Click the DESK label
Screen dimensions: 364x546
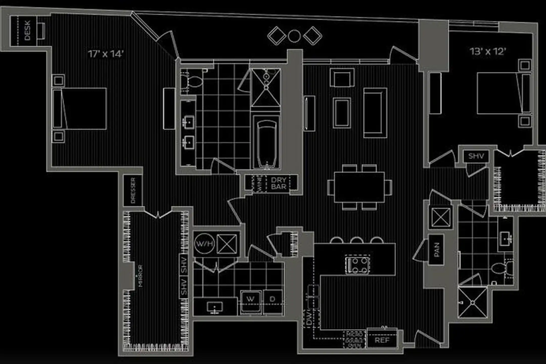pos(27,30)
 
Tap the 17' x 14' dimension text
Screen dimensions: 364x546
pos(106,54)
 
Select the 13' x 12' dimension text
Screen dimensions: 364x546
pos(488,52)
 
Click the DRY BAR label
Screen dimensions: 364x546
pos(279,183)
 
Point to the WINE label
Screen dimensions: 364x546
pos(260,184)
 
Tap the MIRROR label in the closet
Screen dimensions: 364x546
pos(141,276)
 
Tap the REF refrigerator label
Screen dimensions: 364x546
pos(382,340)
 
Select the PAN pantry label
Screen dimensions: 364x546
pos(437,250)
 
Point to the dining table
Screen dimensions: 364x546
pos(359,187)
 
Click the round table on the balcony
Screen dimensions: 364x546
pos(294,36)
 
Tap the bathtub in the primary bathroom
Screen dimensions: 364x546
pos(267,143)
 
